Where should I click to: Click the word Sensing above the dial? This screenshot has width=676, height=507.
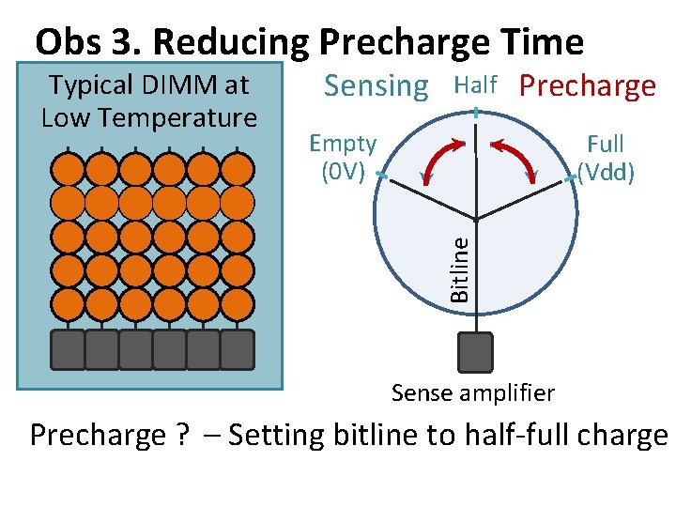point(376,86)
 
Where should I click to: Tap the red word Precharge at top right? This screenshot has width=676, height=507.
point(588,86)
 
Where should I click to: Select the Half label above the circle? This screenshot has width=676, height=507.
point(475,85)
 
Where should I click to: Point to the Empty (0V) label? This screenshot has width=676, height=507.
point(343,158)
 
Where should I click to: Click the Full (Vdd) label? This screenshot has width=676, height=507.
point(606,158)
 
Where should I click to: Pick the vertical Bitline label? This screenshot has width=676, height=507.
point(459,269)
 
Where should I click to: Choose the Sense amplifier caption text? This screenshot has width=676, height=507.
point(472,392)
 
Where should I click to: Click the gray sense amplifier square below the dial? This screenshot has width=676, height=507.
point(475,352)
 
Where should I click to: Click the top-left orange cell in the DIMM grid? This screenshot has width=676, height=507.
point(68,169)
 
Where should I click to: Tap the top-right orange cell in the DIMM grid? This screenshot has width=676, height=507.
point(237,169)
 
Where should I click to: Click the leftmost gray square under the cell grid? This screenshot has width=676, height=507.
point(68,349)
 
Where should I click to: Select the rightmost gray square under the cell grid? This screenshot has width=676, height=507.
point(237,349)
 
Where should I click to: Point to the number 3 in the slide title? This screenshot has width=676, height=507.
point(124,42)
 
